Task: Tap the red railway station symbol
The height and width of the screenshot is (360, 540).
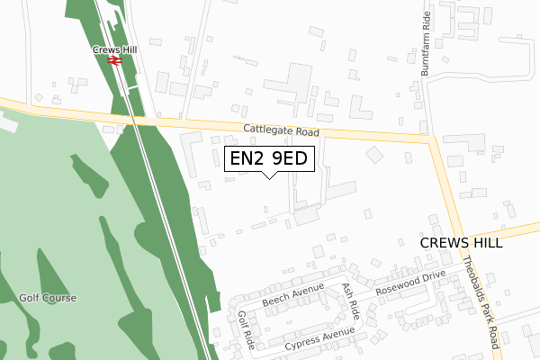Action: click(x=114, y=61)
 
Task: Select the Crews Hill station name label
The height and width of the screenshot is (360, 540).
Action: click(x=113, y=50)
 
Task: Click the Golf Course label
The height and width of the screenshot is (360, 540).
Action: click(x=48, y=298)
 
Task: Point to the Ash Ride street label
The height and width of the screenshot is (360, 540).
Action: click(x=350, y=300)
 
